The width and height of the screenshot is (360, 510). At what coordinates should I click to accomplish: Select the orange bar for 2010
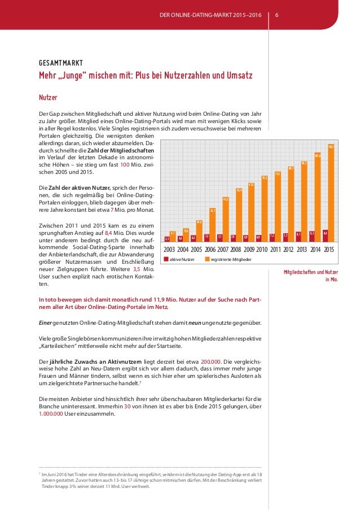tap(265, 209)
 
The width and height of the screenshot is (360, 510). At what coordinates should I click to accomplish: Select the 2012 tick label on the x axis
tap(289, 249)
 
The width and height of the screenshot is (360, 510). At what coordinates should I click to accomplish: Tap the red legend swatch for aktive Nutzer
tap(166, 259)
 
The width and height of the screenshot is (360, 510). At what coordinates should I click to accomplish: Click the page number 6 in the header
tap(276, 14)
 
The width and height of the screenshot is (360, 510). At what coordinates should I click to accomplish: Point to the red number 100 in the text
tap(126, 164)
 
